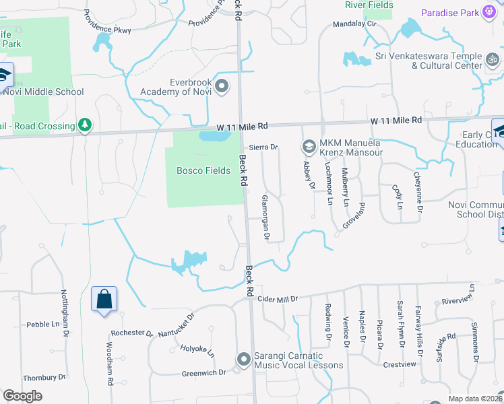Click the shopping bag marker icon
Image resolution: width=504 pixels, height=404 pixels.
104,300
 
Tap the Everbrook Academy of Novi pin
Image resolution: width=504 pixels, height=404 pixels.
222,86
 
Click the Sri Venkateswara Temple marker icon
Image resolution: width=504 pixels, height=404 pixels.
493,61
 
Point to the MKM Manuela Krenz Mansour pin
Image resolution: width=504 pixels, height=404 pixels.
309,146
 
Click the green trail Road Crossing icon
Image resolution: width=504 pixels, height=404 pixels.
85,125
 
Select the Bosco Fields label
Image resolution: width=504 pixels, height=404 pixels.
203,170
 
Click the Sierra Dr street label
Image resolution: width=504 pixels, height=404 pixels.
263,147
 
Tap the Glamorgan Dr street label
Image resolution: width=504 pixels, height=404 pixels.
265,218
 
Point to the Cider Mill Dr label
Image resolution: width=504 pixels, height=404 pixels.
278,298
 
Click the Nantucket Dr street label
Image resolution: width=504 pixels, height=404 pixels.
176,325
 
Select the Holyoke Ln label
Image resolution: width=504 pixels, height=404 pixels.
197,350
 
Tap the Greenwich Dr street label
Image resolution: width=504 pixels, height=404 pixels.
203,372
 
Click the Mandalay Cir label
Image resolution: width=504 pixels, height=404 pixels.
354,24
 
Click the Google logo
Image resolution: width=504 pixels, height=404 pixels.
22,395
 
